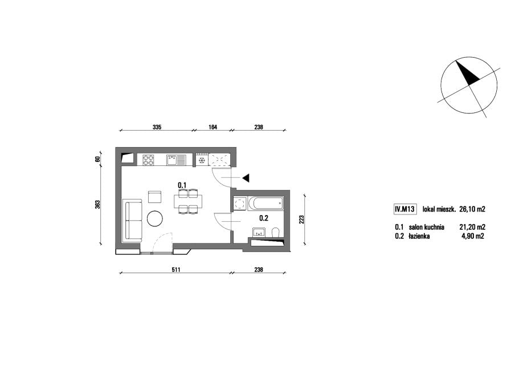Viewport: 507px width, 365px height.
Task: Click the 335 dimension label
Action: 157,127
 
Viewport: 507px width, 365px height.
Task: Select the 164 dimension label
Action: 212,127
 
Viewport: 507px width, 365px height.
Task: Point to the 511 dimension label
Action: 175,270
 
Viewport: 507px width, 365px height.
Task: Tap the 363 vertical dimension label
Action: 97,205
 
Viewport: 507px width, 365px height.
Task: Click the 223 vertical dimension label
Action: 302,220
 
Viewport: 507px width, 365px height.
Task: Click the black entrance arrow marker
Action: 246,177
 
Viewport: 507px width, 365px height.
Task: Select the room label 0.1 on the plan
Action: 182,185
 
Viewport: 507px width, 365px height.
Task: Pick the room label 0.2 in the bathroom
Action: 264,218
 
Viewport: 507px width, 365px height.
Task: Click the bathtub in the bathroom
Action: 266,204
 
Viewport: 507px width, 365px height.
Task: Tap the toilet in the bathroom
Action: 276,232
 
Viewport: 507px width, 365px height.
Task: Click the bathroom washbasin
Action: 259,232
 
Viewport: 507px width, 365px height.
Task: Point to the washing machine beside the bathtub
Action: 240,204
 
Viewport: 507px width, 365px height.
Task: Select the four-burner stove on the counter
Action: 149,160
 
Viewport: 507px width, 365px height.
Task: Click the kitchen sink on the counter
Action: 176,160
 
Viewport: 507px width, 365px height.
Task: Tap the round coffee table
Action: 155,219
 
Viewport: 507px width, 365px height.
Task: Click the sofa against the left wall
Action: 132,220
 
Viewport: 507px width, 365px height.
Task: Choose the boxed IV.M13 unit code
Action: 404,209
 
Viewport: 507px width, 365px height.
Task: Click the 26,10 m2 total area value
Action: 472,209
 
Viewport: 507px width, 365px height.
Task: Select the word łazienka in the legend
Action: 419,236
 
